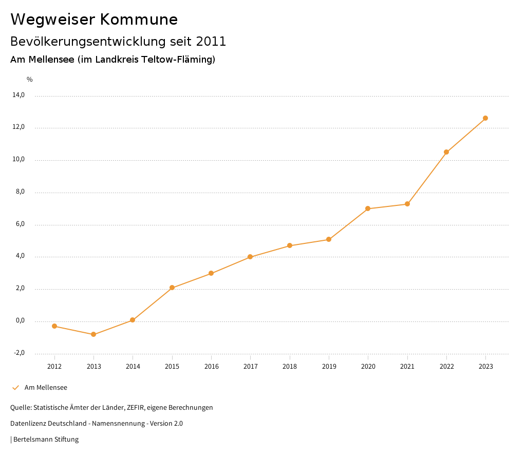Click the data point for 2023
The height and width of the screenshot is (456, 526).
tap(485, 118)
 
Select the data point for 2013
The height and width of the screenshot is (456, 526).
tap(93, 334)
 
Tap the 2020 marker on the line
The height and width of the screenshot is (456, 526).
tap(368, 208)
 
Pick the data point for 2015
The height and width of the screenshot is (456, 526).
tap(172, 288)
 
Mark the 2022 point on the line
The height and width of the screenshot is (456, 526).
tap(446, 152)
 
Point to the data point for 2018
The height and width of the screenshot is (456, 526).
tap(290, 245)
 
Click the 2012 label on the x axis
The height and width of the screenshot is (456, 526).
tap(54, 366)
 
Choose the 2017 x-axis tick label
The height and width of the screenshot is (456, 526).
tap(250, 366)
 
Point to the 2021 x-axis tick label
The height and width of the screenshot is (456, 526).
tap(407, 366)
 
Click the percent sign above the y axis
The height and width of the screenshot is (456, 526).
tap(30, 80)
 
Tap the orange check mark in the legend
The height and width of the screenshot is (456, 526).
tap(15, 388)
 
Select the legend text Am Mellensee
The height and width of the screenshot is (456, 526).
tap(46, 388)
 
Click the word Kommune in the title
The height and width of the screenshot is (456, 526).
tap(139, 20)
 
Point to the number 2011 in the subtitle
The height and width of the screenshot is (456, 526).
tap(211, 42)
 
